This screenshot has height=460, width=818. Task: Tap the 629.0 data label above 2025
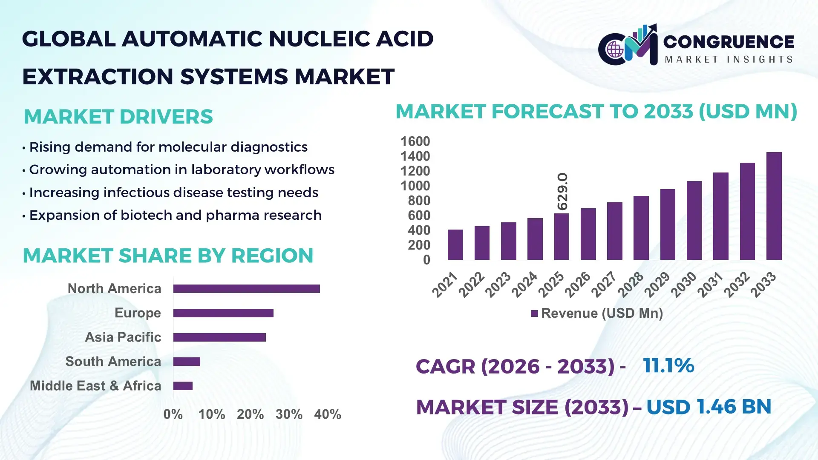(x=562, y=191)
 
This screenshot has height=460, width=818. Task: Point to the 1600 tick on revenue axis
(x=415, y=141)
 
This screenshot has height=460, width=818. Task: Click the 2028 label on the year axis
(x=631, y=285)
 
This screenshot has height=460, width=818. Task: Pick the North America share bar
(x=246, y=289)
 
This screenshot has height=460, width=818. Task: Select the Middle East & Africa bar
(x=183, y=386)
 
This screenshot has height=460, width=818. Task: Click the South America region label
(x=113, y=362)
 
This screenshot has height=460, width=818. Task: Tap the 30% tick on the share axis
(x=289, y=414)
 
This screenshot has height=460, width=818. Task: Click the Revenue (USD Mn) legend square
(x=534, y=313)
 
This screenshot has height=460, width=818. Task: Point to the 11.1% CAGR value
(x=668, y=365)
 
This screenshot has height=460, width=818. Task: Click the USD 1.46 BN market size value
(x=709, y=407)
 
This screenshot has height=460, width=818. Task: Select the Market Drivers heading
(x=118, y=117)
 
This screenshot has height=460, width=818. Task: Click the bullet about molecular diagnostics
(x=168, y=147)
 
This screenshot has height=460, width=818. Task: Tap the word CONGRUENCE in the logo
(x=728, y=42)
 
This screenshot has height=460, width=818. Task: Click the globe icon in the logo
(x=615, y=50)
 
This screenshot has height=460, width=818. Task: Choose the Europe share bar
(x=223, y=313)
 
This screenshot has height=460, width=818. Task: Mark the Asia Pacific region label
(x=123, y=337)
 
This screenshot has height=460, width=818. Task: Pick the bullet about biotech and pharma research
(x=175, y=215)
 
